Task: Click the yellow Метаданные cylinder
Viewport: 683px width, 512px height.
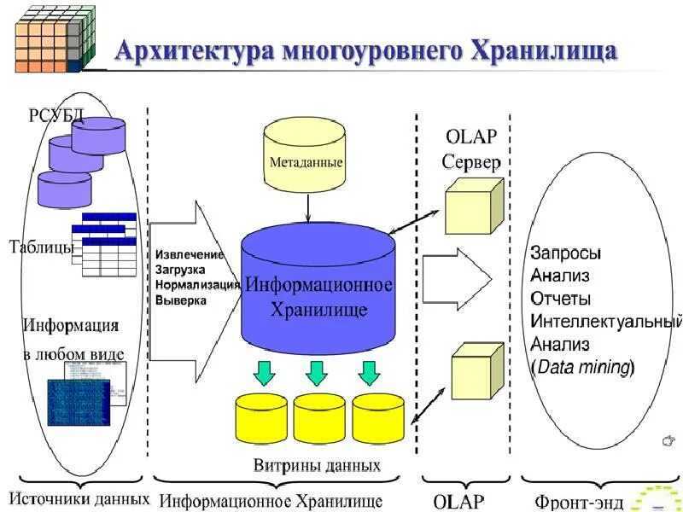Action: (306, 159)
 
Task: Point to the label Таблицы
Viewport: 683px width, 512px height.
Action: (40, 247)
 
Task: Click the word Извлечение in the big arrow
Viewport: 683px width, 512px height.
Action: (190, 255)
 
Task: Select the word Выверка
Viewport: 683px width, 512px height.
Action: (181, 300)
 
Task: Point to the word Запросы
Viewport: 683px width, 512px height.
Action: (565, 253)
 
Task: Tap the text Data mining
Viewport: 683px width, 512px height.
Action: (584, 368)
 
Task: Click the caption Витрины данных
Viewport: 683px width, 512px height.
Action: (317, 466)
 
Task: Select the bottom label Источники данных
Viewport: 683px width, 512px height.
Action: (79, 498)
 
